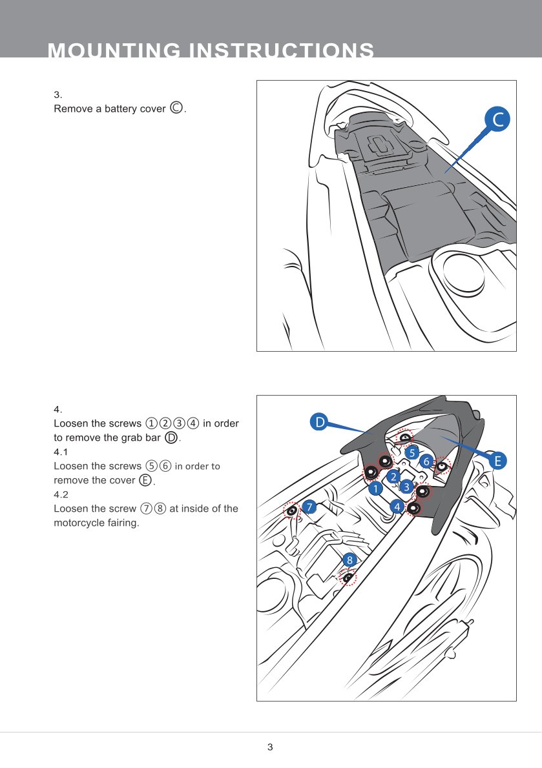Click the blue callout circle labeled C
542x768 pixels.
pos(497,119)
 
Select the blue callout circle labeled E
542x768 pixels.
pos(497,461)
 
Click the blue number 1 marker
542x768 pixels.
pos(375,489)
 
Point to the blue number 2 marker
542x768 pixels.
pos(392,476)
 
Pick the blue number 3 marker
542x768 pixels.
pos(406,485)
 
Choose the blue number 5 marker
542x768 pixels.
pos(412,452)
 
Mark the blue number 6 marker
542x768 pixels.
pos(426,461)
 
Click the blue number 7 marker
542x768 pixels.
pos(310,507)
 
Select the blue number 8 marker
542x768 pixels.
pos(349,559)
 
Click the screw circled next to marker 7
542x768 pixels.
pos(292,512)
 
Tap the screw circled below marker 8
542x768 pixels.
pos(348,578)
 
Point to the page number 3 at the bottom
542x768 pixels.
pos(270,747)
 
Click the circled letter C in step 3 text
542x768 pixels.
pos(176,108)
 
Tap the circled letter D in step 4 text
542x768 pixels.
pos(171,438)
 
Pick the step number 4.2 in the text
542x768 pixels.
pos(61,494)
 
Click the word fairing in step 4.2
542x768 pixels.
pos(123,523)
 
